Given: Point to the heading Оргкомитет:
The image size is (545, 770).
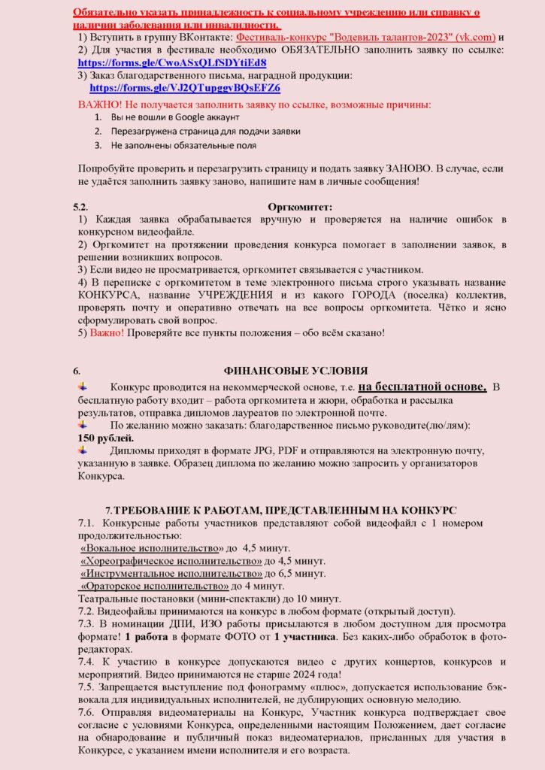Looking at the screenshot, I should [300, 206].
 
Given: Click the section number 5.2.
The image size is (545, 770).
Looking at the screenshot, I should [81, 206].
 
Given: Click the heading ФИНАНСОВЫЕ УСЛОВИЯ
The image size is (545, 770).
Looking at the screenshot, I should [296, 370].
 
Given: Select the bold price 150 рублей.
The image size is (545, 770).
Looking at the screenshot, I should [105, 438].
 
